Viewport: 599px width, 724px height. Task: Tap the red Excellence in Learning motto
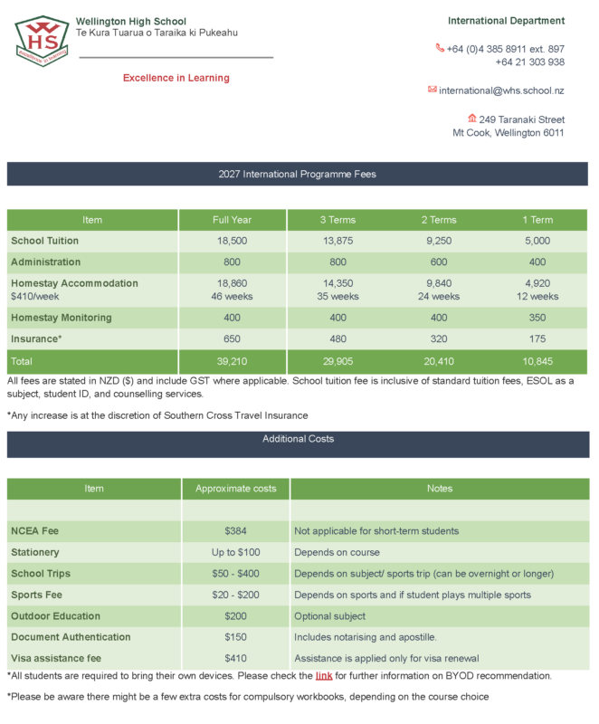click(x=176, y=78)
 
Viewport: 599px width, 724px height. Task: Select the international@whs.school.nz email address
click(x=502, y=90)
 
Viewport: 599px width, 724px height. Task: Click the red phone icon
click(x=440, y=48)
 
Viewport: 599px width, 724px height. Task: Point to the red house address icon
click(x=471, y=119)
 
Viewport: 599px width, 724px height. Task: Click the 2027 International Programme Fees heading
click(x=298, y=174)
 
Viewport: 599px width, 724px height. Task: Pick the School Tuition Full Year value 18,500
click(x=232, y=242)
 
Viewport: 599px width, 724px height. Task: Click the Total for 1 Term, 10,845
click(x=538, y=361)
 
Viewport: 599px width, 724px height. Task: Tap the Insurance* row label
click(x=36, y=339)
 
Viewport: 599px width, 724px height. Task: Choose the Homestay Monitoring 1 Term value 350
click(x=538, y=318)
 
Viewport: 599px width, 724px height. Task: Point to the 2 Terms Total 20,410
click(x=438, y=361)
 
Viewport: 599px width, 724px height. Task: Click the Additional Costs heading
click(x=298, y=439)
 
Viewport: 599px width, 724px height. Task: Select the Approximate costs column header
click(x=236, y=489)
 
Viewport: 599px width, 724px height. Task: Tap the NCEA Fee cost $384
click(x=236, y=531)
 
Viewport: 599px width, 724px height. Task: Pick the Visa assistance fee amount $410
click(x=236, y=659)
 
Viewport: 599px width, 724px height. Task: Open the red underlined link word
click(x=324, y=676)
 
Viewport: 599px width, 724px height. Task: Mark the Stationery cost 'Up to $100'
click(x=236, y=552)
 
